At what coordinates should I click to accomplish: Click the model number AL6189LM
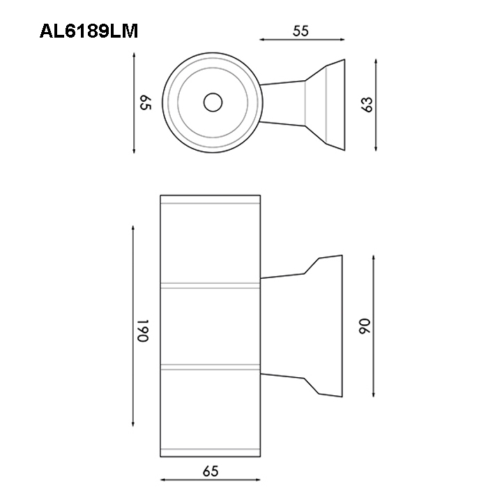click(x=89, y=31)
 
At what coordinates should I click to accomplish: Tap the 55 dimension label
click(x=300, y=31)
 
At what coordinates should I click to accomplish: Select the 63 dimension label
click(x=367, y=105)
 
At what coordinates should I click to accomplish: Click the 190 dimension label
click(x=143, y=330)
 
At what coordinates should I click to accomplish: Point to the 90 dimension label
click(x=365, y=326)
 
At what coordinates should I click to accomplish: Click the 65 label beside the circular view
click(x=145, y=102)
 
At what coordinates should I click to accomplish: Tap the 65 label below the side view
click(x=211, y=471)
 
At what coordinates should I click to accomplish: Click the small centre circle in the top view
click(x=213, y=102)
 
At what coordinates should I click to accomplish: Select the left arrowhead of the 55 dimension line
click(x=262, y=40)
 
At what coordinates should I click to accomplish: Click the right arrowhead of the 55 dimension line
click(x=342, y=40)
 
